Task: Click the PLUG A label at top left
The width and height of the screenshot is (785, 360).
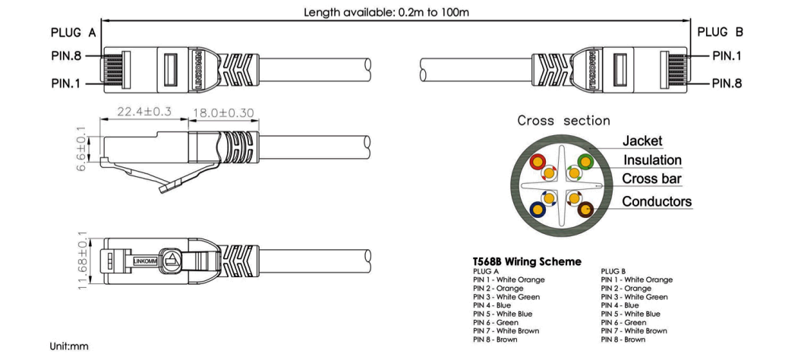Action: tap(73, 33)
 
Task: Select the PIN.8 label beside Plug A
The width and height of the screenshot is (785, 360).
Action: tap(66, 55)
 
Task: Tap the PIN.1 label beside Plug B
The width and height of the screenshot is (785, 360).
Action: tap(727, 56)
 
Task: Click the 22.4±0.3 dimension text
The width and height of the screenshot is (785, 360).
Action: tap(144, 111)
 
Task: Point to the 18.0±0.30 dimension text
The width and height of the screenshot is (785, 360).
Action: tap(223, 112)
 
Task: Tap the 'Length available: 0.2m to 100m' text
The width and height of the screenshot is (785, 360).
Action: tap(386, 12)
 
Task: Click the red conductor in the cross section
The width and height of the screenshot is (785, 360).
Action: tap(538, 162)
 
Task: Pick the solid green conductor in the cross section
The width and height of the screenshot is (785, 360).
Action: tap(585, 162)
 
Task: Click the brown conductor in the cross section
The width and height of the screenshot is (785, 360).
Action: tap(585, 210)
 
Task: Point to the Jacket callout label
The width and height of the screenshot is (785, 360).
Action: tap(642, 141)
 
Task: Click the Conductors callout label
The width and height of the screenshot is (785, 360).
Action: tap(657, 202)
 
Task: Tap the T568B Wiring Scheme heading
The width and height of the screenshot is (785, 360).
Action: tap(527, 261)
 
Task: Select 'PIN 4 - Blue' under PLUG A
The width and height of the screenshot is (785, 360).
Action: tap(492, 305)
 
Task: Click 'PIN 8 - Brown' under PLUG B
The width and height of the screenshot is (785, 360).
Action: tap(623, 339)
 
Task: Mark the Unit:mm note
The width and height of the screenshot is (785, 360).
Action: tap(69, 346)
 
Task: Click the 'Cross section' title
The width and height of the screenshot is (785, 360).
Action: tap(564, 121)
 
